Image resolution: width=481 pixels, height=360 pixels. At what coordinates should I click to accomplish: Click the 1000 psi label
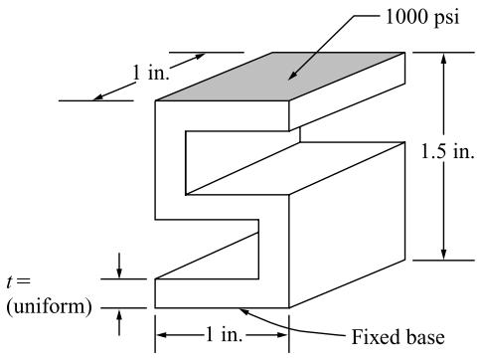tap(422, 17)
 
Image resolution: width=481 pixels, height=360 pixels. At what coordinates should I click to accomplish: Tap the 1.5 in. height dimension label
tap(447, 151)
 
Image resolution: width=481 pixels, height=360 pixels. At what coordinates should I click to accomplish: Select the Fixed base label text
tap(398, 337)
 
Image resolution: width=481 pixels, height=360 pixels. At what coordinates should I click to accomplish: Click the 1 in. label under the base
tap(225, 334)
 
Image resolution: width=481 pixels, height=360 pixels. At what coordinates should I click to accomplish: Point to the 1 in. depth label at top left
tap(151, 73)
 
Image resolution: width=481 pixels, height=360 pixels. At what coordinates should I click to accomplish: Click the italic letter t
tap(11, 282)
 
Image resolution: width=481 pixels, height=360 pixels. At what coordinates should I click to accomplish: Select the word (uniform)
tap(49, 307)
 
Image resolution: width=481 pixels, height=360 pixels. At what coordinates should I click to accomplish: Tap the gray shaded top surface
tap(280, 77)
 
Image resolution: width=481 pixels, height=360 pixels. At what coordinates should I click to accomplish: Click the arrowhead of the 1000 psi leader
tap(291, 77)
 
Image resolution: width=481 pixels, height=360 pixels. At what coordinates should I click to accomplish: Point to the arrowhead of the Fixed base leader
tap(243, 311)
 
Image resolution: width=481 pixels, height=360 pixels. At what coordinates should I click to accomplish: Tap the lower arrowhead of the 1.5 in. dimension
tap(444, 255)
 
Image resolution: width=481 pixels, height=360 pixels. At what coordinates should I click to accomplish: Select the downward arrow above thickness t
tap(119, 266)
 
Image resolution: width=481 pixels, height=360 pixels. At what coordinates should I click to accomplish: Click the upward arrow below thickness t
tap(119, 321)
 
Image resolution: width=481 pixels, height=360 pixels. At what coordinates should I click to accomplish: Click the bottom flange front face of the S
tap(222, 293)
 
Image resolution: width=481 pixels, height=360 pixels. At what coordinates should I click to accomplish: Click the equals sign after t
tap(24, 281)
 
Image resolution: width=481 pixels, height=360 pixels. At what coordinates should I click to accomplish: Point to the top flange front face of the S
tap(222, 116)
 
